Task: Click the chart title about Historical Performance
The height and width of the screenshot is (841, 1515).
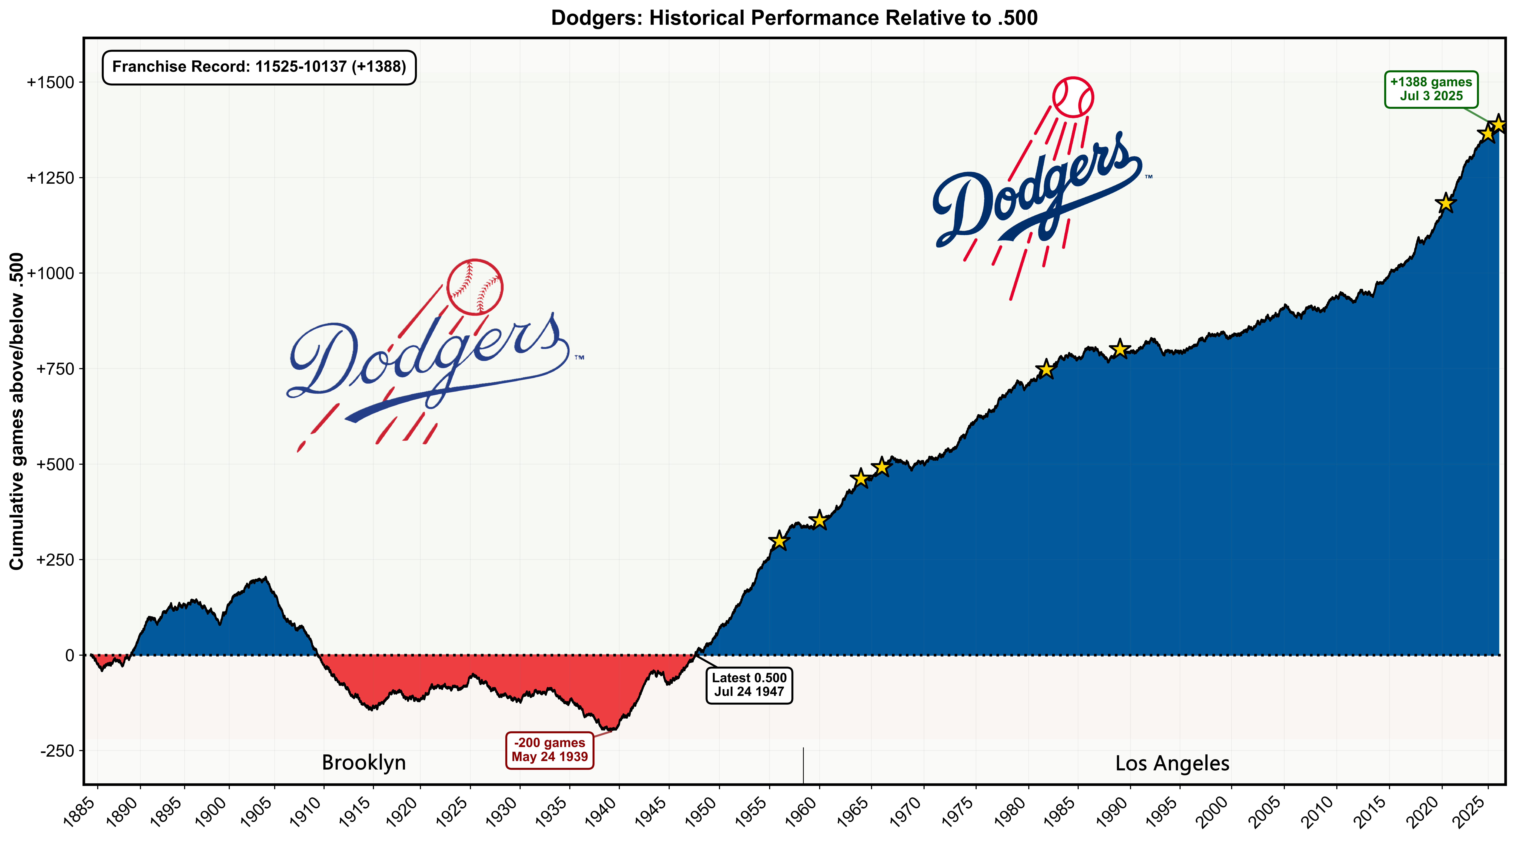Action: point(794,18)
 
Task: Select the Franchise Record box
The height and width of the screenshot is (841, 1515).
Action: point(259,67)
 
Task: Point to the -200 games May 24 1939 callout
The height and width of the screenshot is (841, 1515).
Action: point(549,750)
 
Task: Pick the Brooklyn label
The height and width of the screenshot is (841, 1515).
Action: point(363,763)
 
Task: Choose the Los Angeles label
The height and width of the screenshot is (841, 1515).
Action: point(1172,763)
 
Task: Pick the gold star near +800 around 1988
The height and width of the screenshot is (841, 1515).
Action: point(1120,349)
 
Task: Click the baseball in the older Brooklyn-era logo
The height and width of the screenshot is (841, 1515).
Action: point(475,286)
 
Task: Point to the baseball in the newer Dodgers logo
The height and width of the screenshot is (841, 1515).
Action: point(1073,97)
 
